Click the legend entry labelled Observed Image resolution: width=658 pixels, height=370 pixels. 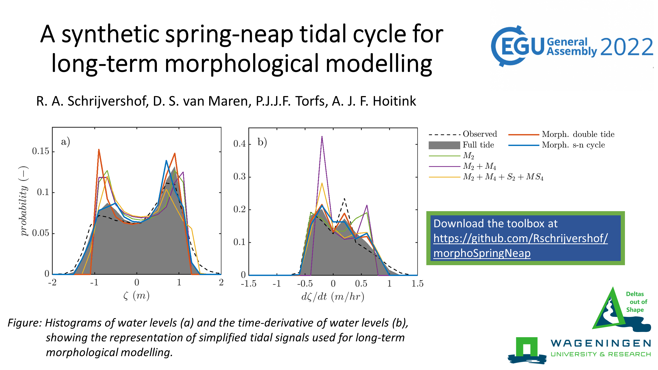coord(480,134)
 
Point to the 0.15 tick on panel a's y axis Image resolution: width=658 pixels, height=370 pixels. coord(40,151)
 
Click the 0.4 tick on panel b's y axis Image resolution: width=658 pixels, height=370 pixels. coord(239,144)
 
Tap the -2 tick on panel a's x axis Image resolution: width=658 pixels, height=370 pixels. coord(52,282)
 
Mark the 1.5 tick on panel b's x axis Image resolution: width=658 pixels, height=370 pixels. coord(417,284)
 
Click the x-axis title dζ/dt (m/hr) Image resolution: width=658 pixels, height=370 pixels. coord(333,297)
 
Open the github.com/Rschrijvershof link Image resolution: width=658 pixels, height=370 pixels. coord(520,239)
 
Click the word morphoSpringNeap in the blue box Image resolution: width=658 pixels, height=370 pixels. coord(482,253)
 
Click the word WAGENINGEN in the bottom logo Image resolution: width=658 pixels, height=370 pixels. coord(601,343)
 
